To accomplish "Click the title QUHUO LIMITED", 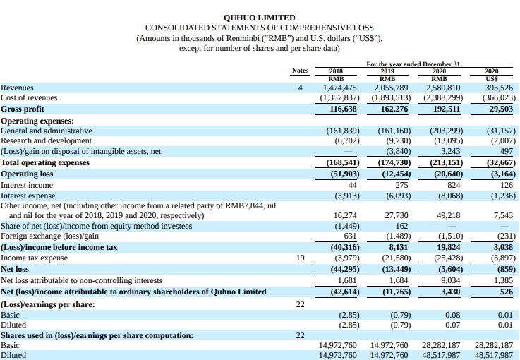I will (x=259, y=17).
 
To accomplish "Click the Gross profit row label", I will (x=23, y=109).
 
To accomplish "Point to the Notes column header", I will (x=301, y=71).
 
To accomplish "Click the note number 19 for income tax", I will (x=301, y=258).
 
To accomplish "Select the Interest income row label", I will (x=28, y=184).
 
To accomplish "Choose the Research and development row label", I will (x=46, y=140).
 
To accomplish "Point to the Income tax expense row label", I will (x=34, y=258).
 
